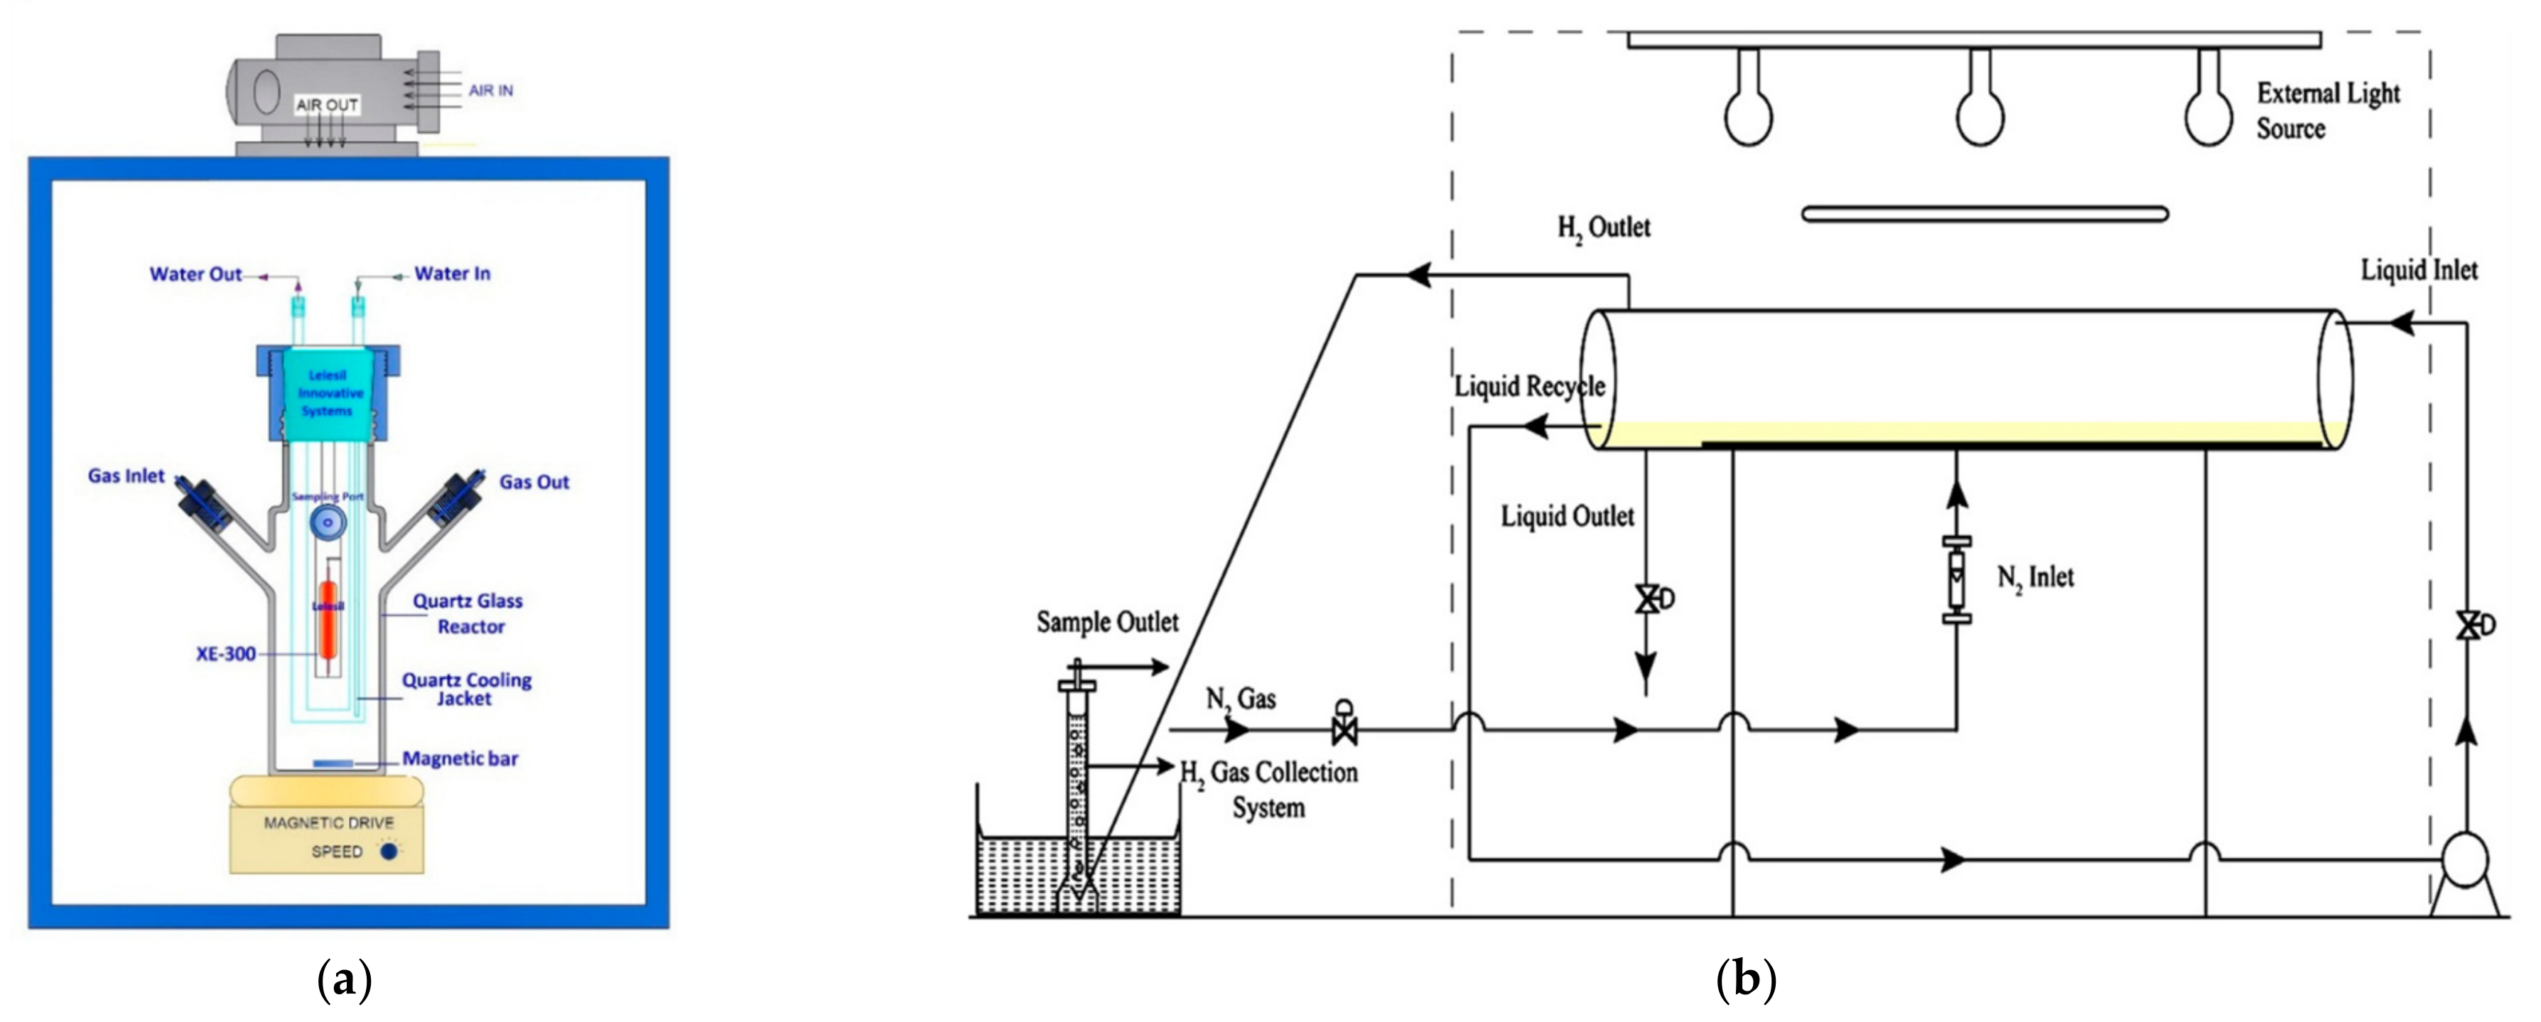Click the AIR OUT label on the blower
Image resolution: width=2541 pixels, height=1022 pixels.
pyautogui.click(x=326, y=104)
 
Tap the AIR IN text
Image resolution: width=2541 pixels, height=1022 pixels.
pyautogui.click(x=490, y=91)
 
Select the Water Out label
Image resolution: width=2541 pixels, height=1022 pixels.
pyautogui.click(x=195, y=274)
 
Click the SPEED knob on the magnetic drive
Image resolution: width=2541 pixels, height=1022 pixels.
pyautogui.click(x=389, y=851)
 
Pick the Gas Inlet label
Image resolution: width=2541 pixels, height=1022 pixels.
pyautogui.click(x=126, y=475)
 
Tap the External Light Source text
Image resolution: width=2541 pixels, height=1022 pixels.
pyautogui.click(x=2327, y=110)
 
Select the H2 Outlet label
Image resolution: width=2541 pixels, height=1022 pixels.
pyautogui.click(x=1603, y=228)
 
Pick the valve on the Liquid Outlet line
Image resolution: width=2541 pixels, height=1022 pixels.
pyautogui.click(x=1647, y=599)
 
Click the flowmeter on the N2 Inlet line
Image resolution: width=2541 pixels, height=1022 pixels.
pyautogui.click(x=1956, y=580)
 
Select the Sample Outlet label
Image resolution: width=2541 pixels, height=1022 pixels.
pyautogui.click(x=1107, y=623)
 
